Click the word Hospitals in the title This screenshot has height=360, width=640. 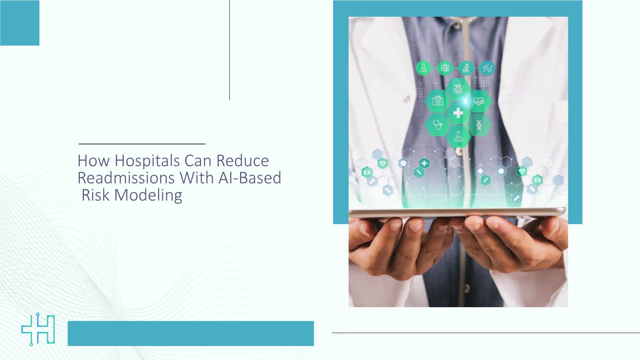pyautogui.click(x=147, y=161)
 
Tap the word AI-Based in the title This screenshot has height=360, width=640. pyautogui.click(x=250, y=178)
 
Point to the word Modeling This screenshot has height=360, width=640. pyautogui.click(x=148, y=195)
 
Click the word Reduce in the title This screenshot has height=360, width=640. pyautogui.click(x=242, y=161)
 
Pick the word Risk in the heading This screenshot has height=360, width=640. pyautogui.click(x=95, y=195)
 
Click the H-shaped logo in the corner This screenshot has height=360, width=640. pyautogui.click(x=38, y=329)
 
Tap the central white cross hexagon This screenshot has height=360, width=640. pyautogui.click(x=458, y=113)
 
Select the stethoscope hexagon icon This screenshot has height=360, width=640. pyautogui.click(x=438, y=125)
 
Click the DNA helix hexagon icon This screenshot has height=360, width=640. pyautogui.click(x=479, y=125)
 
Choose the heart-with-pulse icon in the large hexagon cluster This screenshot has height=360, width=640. pyautogui.click(x=479, y=101)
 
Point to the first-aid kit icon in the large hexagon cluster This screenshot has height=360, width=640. pyautogui.click(x=438, y=101)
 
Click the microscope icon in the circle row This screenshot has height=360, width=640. pyautogui.click(x=466, y=68)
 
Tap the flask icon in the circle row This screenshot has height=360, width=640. pyautogui.click(x=423, y=68)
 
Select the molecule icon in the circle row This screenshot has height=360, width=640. pyautogui.click(x=487, y=68)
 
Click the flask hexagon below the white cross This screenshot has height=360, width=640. pyautogui.click(x=458, y=137)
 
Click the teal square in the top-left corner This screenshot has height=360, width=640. pyautogui.click(x=20, y=23)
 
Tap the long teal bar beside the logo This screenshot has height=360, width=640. pyautogui.click(x=190, y=333)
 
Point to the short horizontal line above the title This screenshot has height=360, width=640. pyautogui.click(x=142, y=144)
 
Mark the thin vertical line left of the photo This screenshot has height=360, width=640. pyautogui.click(x=230, y=50)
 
